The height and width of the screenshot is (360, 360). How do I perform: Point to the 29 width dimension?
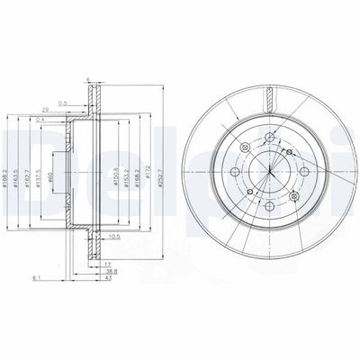69,108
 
